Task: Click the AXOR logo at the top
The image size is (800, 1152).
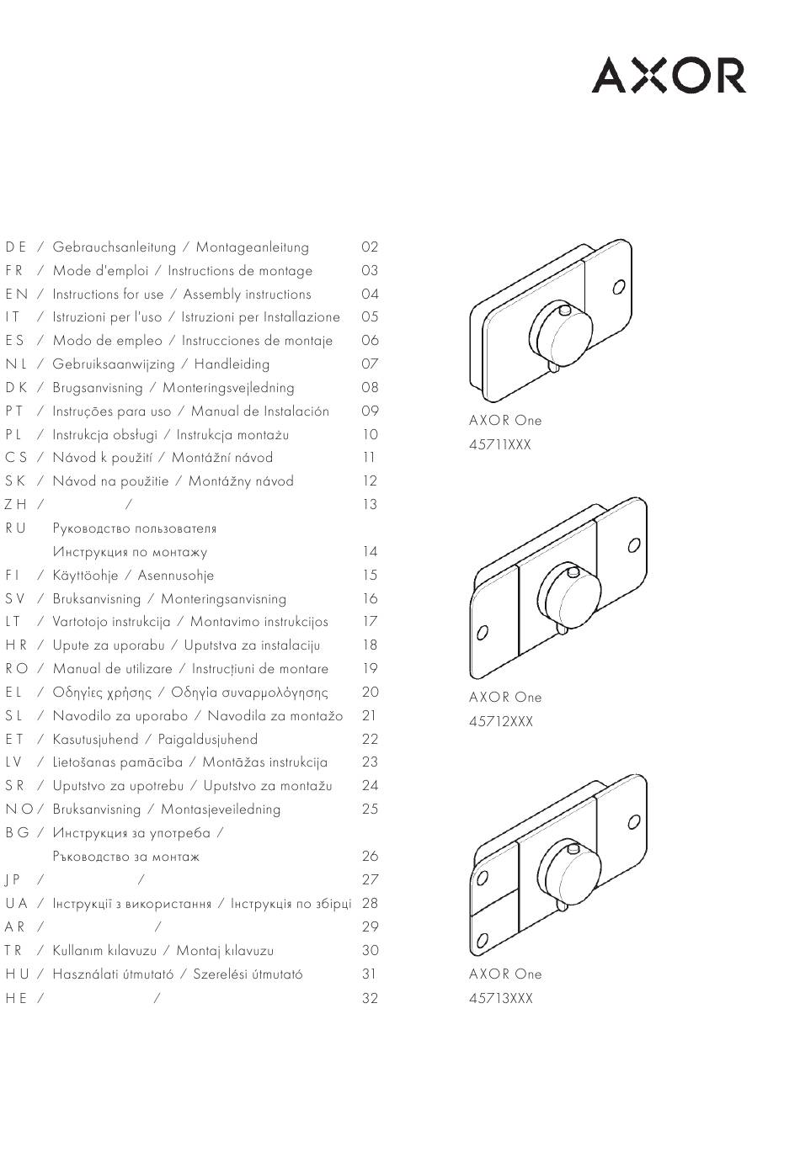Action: pyautogui.click(x=669, y=75)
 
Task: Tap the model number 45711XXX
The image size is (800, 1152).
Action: pyautogui.click(x=500, y=444)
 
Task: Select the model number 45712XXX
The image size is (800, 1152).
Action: pyautogui.click(x=501, y=721)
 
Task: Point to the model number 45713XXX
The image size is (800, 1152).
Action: pyautogui.click(x=501, y=998)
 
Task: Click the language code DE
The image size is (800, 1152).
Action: pyautogui.click(x=16, y=247)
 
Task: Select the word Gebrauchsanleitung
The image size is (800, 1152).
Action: pyautogui.click(x=115, y=247)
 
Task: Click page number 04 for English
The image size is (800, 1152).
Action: pyautogui.click(x=370, y=295)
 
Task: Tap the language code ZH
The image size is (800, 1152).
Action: pyautogui.click(x=16, y=505)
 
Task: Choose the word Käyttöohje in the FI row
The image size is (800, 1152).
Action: pyautogui.click(x=85, y=576)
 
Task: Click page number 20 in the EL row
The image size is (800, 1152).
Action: pyautogui.click(x=370, y=693)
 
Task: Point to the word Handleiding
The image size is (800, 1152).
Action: pyautogui.click(x=232, y=364)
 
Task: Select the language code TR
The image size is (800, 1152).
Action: pyautogui.click(x=15, y=951)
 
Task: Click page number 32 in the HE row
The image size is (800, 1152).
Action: pyautogui.click(x=370, y=999)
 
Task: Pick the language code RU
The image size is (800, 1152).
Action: pyautogui.click(x=16, y=528)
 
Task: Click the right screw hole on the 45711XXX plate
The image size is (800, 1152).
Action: pyautogui.click(x=618, y=287)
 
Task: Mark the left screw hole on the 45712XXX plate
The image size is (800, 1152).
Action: pyautogui.click(x=483, y=632)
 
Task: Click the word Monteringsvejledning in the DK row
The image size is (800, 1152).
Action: pyautogui.click(x=228, y=388)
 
